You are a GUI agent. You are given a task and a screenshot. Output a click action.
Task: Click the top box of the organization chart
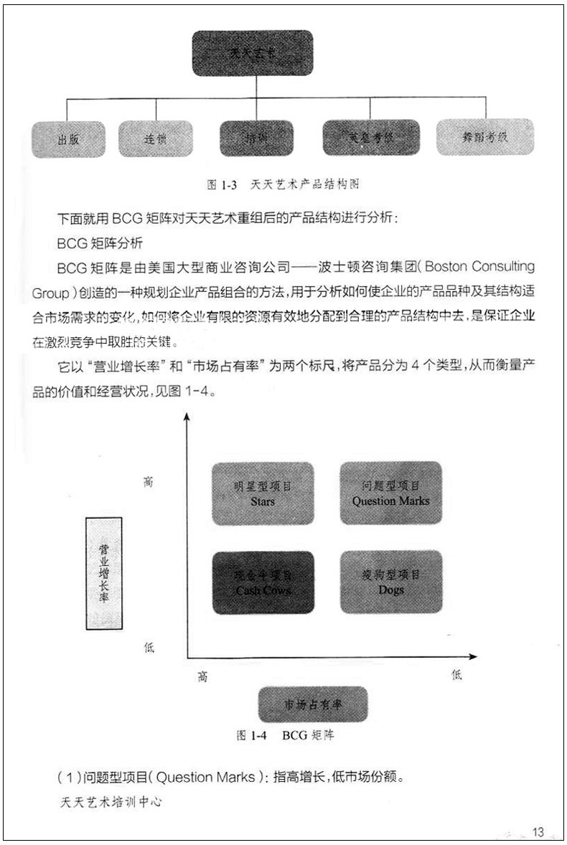(x=252, y=53)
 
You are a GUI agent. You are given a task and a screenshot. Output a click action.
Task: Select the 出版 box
(x=68, y=139)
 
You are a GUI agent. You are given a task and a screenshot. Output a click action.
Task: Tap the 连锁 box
(x=155, y=139)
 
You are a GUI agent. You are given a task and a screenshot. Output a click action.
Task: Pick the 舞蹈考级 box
(x=485, y=136)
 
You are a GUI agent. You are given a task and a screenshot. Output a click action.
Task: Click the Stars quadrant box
(x=263, y=493)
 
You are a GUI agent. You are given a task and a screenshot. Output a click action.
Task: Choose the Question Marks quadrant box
(x=390, y=493)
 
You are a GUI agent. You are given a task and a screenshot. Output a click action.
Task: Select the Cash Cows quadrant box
(x=263, y=582)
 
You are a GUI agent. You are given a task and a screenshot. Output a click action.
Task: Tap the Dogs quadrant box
(x=390, y=582)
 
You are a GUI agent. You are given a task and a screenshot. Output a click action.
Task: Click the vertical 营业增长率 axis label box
(x=103, y=572)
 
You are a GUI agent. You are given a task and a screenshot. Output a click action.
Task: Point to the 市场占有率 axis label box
(x=312, y=704)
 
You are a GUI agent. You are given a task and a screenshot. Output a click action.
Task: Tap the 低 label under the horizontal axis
(x=456, y=675)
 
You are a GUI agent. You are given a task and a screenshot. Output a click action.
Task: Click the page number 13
(x=538, y=831)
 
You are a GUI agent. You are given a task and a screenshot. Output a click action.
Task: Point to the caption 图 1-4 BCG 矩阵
(x=284, y=735)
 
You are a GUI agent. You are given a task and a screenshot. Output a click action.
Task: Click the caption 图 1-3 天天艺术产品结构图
(x=282, y=184)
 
